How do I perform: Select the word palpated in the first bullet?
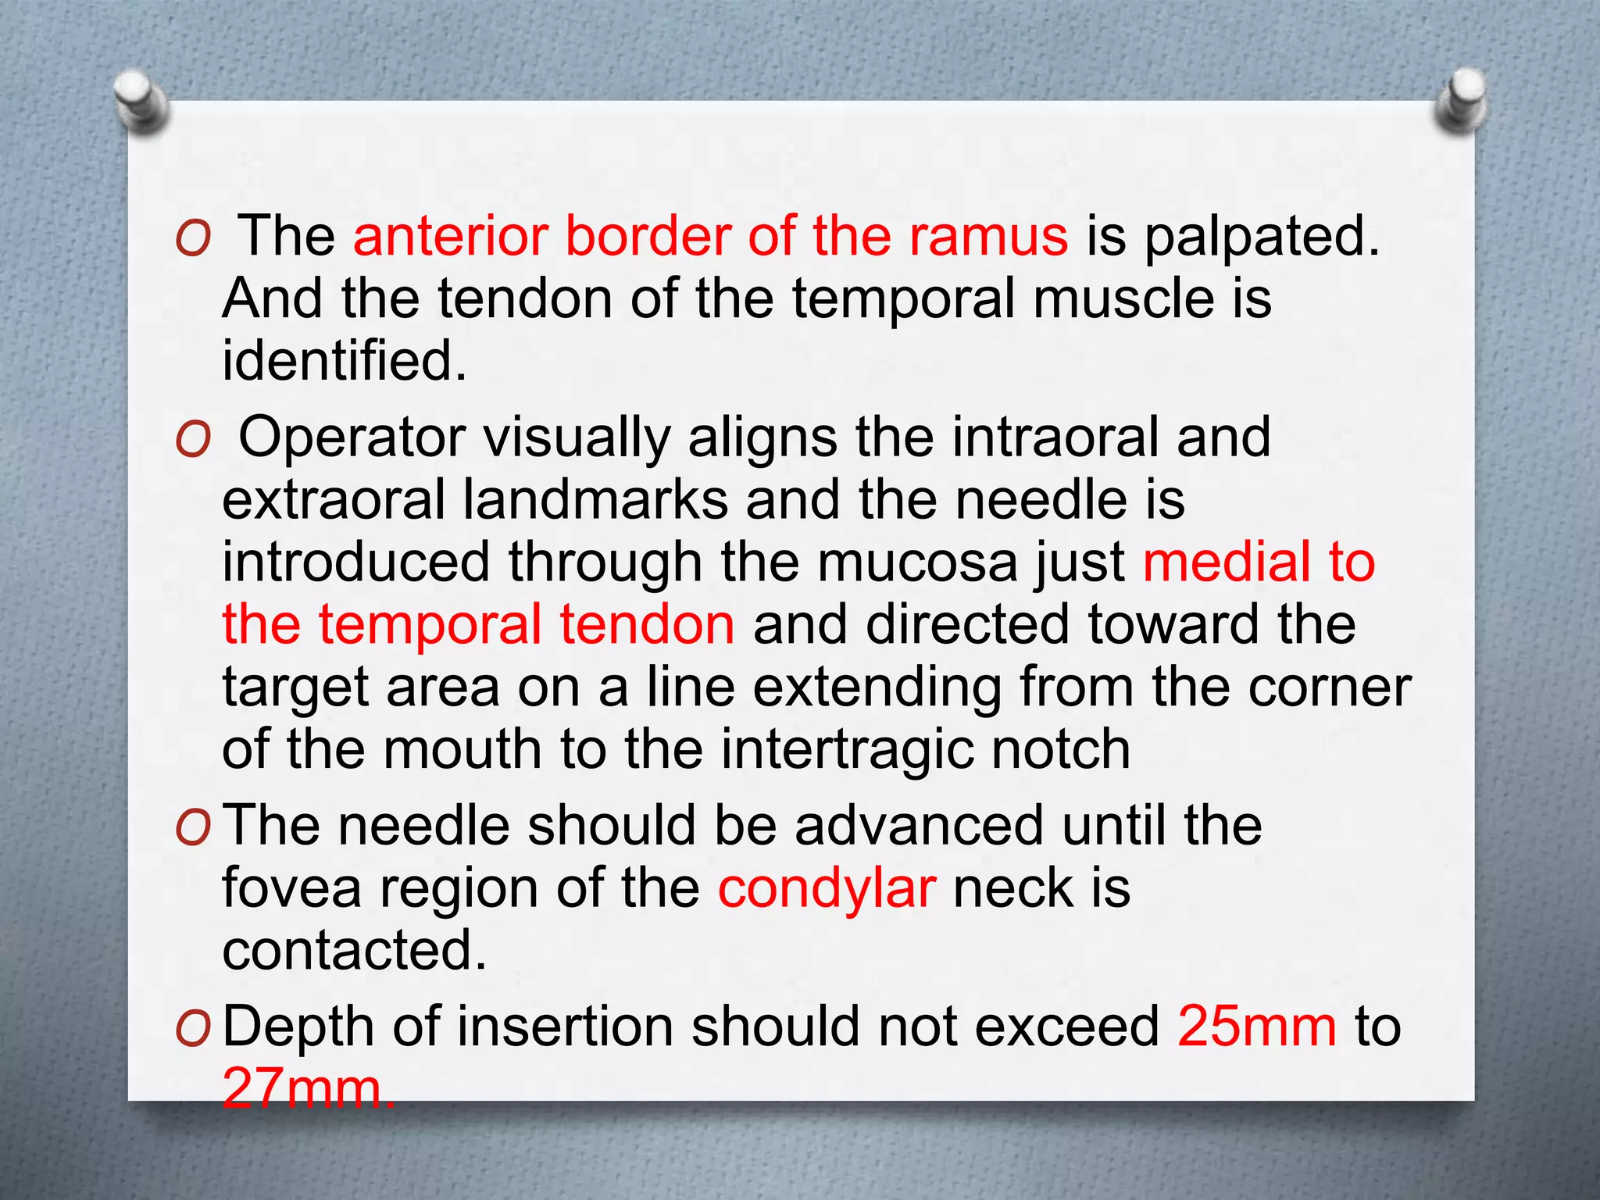pyautogui.click(x=1262, y=237)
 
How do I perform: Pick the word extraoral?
pyautogui.click(x=334, y=499)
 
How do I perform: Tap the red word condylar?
pyautogui.click(x=827, y=890)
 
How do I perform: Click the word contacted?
pyautogui.click(x=354, y=950)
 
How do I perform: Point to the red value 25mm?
pyautogui.click(x=1257, y=1026)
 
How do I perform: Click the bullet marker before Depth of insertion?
pyautogui.click(x=193, y=1030)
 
